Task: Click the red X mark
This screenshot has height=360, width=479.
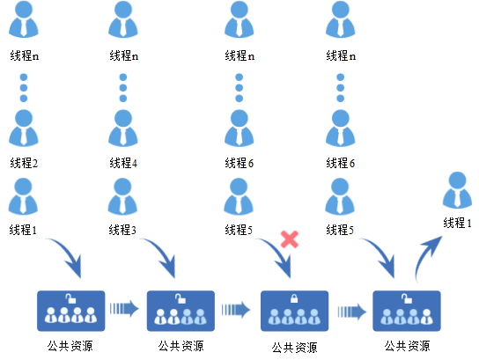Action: pos(290,239)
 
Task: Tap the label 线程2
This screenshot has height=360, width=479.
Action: pos(24,163)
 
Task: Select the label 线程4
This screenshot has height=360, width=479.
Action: pos(123,163)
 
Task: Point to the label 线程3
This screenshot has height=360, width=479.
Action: pos(122,230)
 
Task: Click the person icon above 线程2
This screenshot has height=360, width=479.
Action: pos(24,128)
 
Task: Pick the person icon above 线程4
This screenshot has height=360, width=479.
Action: pos(123,128)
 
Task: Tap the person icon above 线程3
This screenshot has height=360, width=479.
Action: pos(122,196)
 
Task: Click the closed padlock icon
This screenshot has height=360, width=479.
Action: pos(294,298)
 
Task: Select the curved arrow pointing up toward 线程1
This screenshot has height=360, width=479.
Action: pos(425,256)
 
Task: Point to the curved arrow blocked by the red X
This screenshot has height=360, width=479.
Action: pos(278,254)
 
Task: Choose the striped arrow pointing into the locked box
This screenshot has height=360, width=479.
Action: pos(236,310)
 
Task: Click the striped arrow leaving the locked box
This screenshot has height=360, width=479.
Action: pos(352,312)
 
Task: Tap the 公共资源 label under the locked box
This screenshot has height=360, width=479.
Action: pos(294,348)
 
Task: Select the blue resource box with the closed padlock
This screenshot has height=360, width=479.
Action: pos(294,311)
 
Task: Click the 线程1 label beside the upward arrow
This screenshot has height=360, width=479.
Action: pos(457,223)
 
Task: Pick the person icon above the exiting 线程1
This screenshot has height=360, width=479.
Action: pos(457,190)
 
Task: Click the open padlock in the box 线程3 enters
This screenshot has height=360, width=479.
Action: pos(181,298)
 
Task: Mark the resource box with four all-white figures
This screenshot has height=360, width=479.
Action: pos(70,311)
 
